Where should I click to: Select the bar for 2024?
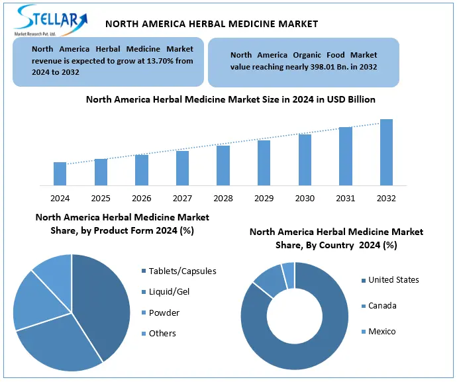tap(60, 173)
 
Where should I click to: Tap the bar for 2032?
tap(386, 152)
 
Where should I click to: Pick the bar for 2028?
tap(223, 166)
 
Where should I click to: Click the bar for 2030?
tap(305, 160)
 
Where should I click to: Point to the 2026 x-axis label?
tap(142, 198)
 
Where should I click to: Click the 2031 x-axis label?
tap(346, 198)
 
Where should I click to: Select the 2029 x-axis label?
tap(264, 198)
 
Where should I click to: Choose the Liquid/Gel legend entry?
tap(170, 291)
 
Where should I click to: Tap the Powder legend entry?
tap(164, 312)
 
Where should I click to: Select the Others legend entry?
tap(162, 333)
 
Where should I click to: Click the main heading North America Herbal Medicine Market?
tap(212, 24)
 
